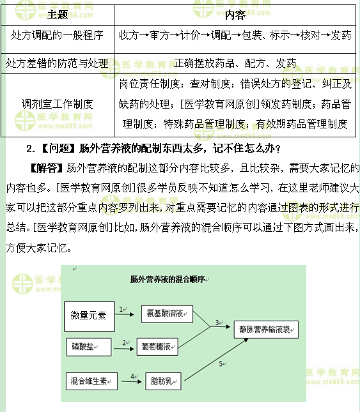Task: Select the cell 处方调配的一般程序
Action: (x=58, y=36)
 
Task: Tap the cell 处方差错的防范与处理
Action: (x=58, y=63)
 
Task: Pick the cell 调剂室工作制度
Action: (x=58, y=103)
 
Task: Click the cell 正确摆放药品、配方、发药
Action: (x=235, y=63)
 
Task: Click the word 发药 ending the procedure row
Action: (x=341, y=36)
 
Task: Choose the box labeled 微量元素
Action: (x=90, y=316)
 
